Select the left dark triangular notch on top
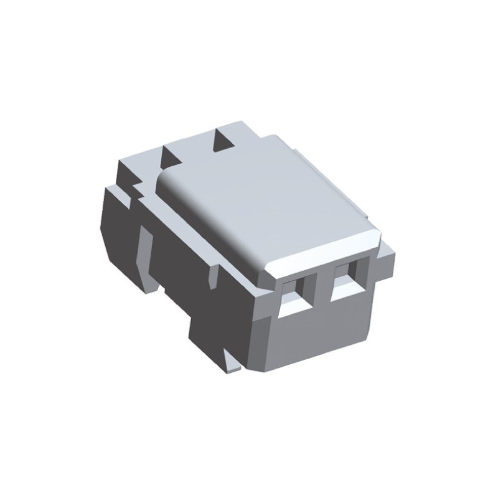170,156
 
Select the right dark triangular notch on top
222,140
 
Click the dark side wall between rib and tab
181,261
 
